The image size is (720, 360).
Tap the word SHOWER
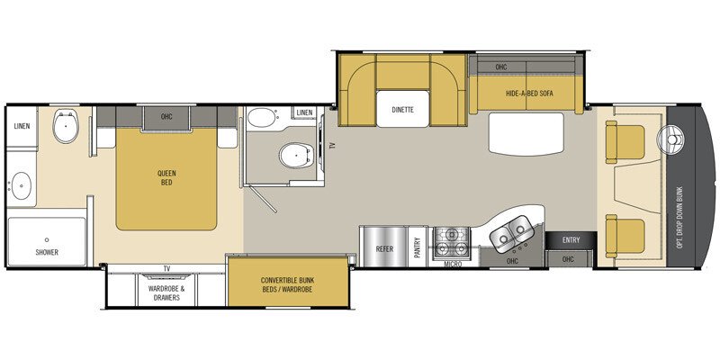click(x=47, y=252)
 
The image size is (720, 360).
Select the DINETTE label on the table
click(x=402, y=110)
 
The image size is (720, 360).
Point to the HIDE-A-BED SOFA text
click(x=527, y=94)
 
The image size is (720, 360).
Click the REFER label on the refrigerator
click(x=385, y=247)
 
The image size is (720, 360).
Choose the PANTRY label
click(x=418, y=247)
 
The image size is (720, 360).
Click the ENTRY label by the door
click(x=571, y=239)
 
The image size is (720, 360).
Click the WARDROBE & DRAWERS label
click(x=166, y=293)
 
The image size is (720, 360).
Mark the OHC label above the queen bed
click(x=166, y=115)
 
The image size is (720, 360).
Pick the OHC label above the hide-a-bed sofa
click(x=501, y=66)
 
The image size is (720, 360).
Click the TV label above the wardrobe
click(x=166, y=268)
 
